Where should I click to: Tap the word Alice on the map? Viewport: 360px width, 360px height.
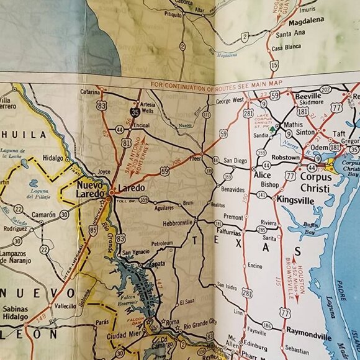(x=262, y=176)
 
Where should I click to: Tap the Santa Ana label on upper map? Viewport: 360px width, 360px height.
(x=291, y=34)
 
